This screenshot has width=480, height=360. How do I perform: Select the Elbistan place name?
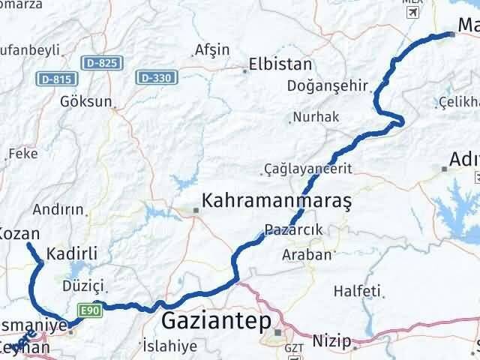[x=281, y=64]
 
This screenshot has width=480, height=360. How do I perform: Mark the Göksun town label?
[x=88, y=100]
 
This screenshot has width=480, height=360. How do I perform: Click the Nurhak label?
[x=316, y=117]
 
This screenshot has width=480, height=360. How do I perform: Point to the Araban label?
[x=307, y=255]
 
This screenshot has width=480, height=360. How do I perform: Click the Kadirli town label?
[x=73, y=253]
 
